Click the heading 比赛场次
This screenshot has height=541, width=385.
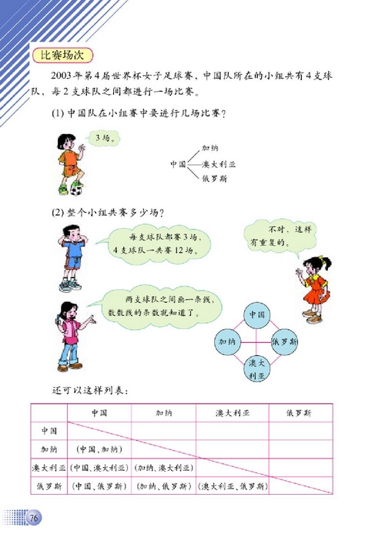click(59, 55)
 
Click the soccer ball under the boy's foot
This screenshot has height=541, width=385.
click(76, 189)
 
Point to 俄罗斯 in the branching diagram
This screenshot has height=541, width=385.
click(213, 178)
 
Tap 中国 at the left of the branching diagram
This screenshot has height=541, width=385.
click(178, 163)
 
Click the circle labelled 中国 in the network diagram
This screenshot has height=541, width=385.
click(258, 314)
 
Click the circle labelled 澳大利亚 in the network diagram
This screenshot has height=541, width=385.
click(258, 368)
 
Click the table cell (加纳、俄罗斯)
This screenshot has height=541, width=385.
click(161, 486)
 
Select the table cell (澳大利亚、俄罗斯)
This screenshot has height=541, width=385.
click(232, 486)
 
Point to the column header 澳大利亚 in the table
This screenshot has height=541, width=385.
click(232, 413)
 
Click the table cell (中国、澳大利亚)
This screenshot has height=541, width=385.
click(98, 467)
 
